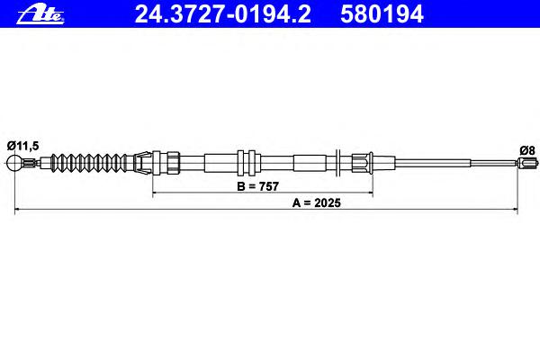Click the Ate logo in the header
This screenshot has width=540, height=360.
(40, 14)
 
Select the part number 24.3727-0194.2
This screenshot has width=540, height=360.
(223, 14)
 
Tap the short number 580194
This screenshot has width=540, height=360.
(382, 14)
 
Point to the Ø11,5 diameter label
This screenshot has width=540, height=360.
(22, 146)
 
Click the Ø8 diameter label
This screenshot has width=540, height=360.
(527, 150)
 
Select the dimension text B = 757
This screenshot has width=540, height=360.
(257, 186)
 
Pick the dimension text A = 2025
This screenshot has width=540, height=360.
(317, 202)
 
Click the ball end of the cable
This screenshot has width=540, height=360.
(14, 163)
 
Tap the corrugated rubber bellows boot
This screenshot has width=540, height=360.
(88, 163)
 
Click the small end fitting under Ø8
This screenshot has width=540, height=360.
(527, 162)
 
